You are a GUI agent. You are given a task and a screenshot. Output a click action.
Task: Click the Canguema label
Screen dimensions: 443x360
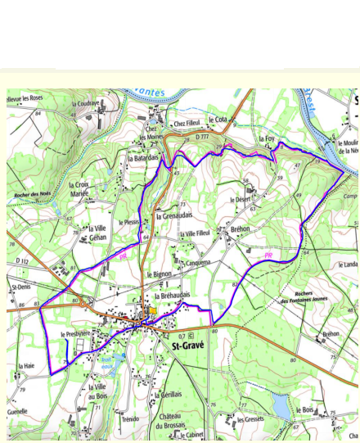(x=198, y=263)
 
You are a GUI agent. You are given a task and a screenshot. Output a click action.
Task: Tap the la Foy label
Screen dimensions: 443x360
(x=267, y=139)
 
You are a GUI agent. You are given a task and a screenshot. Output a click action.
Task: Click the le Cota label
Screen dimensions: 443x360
(x=218, y=120)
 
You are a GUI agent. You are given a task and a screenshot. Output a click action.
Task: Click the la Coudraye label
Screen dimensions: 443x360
(x=85, y=104)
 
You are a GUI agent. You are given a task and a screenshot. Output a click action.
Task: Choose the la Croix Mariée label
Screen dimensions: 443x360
(x=79, y=189)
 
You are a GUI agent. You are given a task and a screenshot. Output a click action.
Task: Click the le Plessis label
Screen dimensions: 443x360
(x=131, y=222)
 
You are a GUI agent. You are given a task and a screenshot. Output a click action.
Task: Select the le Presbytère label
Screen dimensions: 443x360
(x=75, y=336)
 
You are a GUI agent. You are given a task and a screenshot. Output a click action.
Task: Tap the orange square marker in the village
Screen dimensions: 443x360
(x=152, y=310)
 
